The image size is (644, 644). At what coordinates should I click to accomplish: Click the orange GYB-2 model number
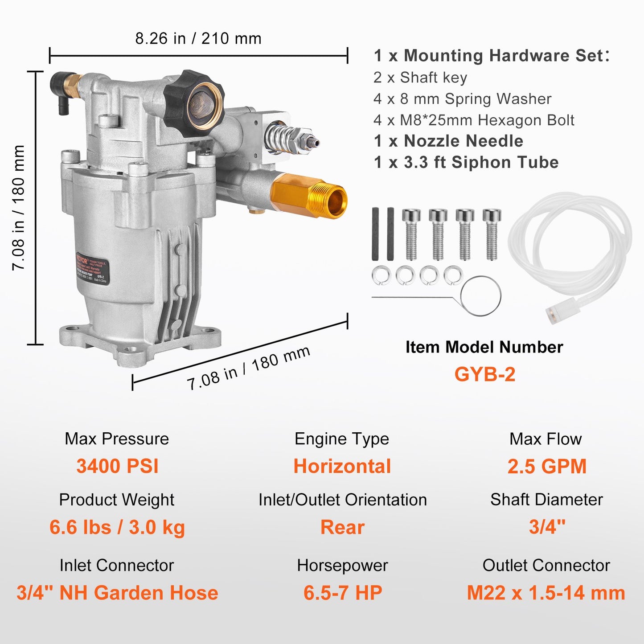(484, 374)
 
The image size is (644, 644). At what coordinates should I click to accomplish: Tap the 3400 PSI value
(117, 466)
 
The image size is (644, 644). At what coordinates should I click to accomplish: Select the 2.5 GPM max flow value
(547, 466)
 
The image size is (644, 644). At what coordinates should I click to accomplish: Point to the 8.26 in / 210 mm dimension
(198, 38)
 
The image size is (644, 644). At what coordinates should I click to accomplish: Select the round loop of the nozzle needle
(481, 296)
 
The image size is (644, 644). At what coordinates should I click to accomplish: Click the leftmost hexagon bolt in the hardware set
(411, 234)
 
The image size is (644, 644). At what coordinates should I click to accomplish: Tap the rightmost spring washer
(453, 275)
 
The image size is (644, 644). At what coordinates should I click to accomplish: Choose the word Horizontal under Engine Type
(342, 466)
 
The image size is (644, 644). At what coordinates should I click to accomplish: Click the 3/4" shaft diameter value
(547, 527)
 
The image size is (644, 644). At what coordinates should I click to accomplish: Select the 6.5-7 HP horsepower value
(343, 593)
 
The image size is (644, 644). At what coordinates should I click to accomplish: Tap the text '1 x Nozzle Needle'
(448, 141)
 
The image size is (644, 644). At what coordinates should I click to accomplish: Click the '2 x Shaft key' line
(420, 78)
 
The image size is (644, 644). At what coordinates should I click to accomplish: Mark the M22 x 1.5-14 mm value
(546, 593)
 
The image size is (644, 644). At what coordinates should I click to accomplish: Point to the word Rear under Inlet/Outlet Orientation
(342, 527)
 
